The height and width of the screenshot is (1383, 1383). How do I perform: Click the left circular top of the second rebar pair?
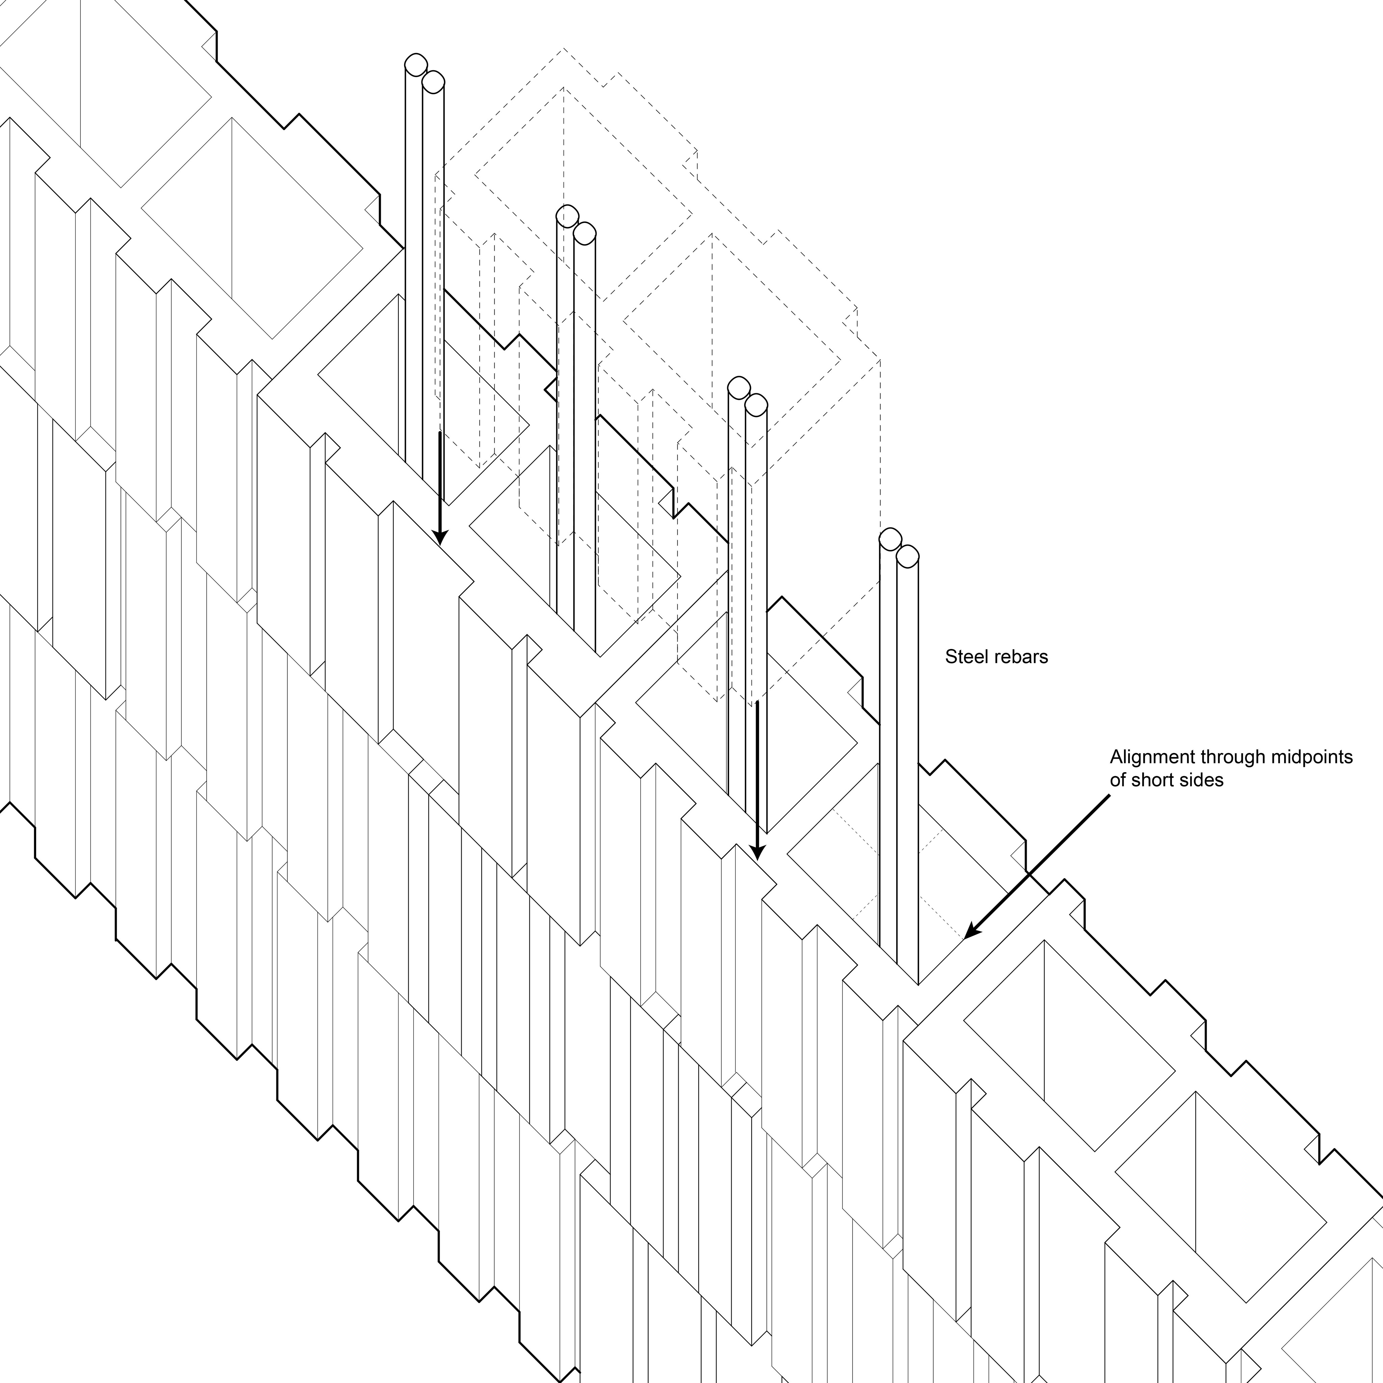(566, 215)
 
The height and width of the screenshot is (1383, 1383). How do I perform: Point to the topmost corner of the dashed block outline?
(564, 49)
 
